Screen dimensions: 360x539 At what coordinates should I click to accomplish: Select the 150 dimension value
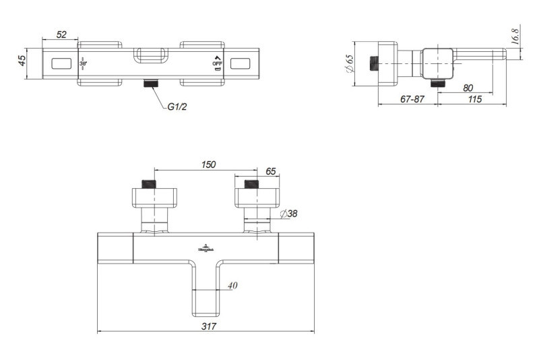(x=209, y=164)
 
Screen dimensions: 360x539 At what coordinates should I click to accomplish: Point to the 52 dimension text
(x=61, y=34)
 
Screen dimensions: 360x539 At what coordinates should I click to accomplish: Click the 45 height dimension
(x=22, y=61)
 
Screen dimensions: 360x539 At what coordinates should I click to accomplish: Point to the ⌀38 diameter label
(x=289, y=214)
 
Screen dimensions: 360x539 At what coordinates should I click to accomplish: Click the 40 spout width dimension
(x=232, y=285)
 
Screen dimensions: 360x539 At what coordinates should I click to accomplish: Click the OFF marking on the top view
(x=217, y=64)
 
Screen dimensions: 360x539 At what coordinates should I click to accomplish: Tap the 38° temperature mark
(x=84, y=65)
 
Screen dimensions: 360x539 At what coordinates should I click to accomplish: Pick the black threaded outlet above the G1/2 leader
(x=151, y=84)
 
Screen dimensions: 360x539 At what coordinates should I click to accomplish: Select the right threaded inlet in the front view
(x=251, y=184)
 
